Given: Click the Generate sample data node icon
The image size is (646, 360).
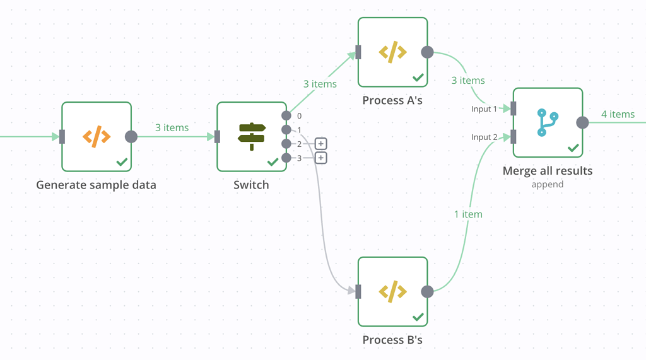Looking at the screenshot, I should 97,136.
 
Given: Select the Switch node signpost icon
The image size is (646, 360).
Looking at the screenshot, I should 252,136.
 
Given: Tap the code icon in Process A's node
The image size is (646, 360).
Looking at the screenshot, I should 392,52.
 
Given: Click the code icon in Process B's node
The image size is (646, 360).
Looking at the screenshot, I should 392,291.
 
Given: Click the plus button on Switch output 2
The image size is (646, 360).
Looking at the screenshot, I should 321,144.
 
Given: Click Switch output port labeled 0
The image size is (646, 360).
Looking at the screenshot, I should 286,116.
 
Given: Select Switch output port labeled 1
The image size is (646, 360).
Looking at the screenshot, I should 286,130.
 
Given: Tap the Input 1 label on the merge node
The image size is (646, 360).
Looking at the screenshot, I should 484,109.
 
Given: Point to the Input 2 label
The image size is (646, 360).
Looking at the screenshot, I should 484,137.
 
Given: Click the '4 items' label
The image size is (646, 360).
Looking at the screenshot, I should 618,114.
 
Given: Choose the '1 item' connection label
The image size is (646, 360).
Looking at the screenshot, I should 468,214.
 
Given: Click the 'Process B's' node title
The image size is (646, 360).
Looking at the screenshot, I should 392,340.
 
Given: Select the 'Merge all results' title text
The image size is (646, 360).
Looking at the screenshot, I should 548,171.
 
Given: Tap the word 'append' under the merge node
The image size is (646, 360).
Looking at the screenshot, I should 548,185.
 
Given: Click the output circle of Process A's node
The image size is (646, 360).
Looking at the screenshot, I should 427,52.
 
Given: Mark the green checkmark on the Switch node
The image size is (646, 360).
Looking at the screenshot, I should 273,162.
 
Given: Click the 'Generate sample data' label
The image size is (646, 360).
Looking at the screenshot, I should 96,185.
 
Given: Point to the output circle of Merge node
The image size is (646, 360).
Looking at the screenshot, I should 582,122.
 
